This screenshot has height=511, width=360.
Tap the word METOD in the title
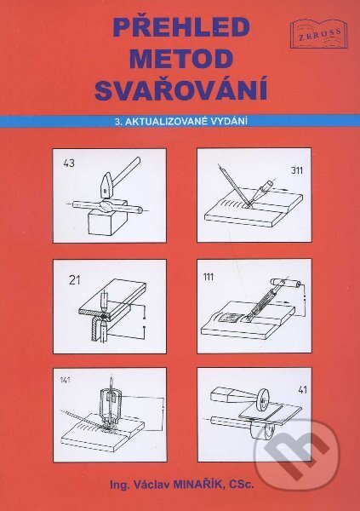(x=181, y=58)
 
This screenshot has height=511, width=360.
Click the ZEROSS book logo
(x=318, y=34)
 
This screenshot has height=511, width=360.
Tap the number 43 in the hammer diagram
(x=69, y=164)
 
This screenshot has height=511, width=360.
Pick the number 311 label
(x=296, y=170)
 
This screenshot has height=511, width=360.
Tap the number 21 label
(x=75, y=280)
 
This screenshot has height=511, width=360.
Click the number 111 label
(x=208, y=277)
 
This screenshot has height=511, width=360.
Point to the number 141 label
(x=66, y=380)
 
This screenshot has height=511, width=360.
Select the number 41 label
(x=302, y=389)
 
